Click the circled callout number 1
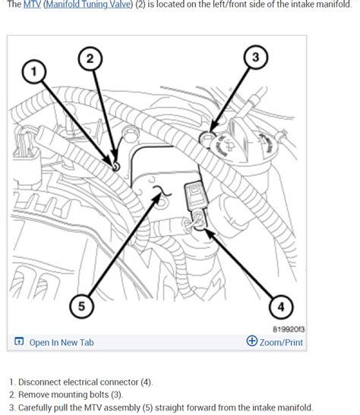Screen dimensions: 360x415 click(34, 71)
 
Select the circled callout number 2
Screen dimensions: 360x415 click(90, 58)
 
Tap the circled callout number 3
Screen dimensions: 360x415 click(256, 57)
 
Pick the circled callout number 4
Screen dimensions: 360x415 click(281, 307)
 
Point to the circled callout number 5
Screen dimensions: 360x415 click(81, 306)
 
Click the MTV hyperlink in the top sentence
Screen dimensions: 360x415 click(32, 5)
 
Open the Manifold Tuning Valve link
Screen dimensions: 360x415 click(88, 5)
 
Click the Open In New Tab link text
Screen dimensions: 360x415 click(62, 342)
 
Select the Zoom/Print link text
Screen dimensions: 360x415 click(281, 342)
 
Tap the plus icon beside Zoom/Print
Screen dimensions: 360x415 click(251, 341)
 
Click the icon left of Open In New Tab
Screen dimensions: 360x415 click(19, 341)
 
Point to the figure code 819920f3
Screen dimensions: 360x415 click(289, 329)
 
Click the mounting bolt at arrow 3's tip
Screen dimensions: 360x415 click(206, 137)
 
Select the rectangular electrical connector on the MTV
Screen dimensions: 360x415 click(195, 194)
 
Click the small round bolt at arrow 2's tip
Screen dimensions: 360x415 click(115, 167)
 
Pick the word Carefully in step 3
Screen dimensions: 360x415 click(35, 407)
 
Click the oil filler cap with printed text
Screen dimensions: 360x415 click(224, 145)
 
